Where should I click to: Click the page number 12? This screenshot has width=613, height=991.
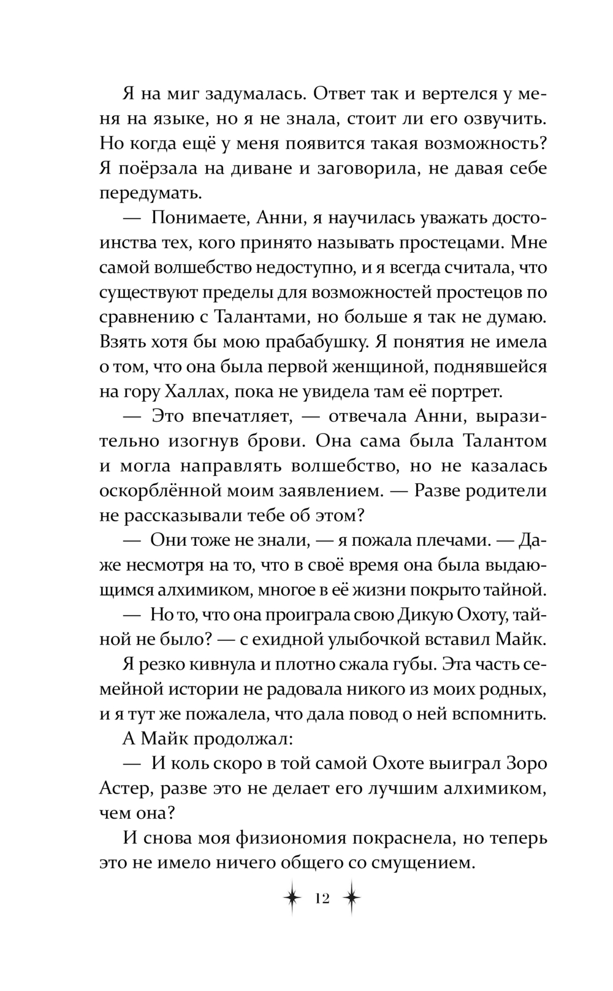(x=322, y=899)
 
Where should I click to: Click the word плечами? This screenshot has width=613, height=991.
(x=447, y=540)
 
